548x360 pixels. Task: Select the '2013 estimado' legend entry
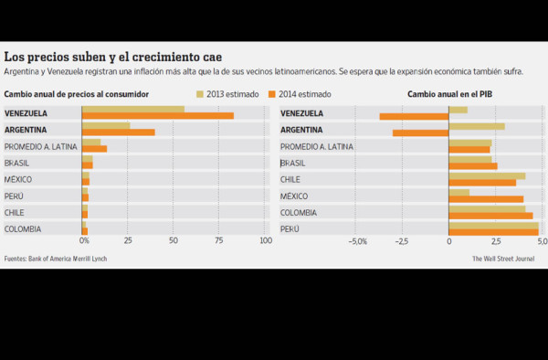(227, 93)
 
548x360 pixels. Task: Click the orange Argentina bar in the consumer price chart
(119, 132)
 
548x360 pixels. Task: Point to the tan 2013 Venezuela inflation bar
(133, 110)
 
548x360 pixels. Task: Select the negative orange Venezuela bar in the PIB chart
(414, 116)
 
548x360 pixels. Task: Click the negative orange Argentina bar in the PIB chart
(420, 132)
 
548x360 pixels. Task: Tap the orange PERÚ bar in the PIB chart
(493, 232)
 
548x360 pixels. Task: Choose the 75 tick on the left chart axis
(219, 241)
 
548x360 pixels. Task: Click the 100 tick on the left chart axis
(265, 241)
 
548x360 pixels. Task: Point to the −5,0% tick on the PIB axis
(357, 242)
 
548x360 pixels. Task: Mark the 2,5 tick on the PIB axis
(494, 242)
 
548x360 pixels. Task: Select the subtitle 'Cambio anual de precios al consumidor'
(77, 93)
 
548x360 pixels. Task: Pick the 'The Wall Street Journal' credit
(502, 259)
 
